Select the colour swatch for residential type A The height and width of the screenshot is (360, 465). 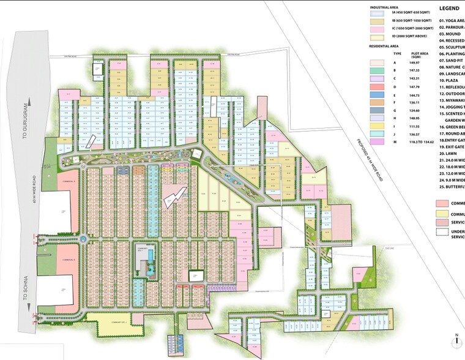(x=379, y=62)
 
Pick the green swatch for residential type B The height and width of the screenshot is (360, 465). (x=379, y=70)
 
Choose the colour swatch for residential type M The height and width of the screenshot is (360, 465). (x=379, y=141)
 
